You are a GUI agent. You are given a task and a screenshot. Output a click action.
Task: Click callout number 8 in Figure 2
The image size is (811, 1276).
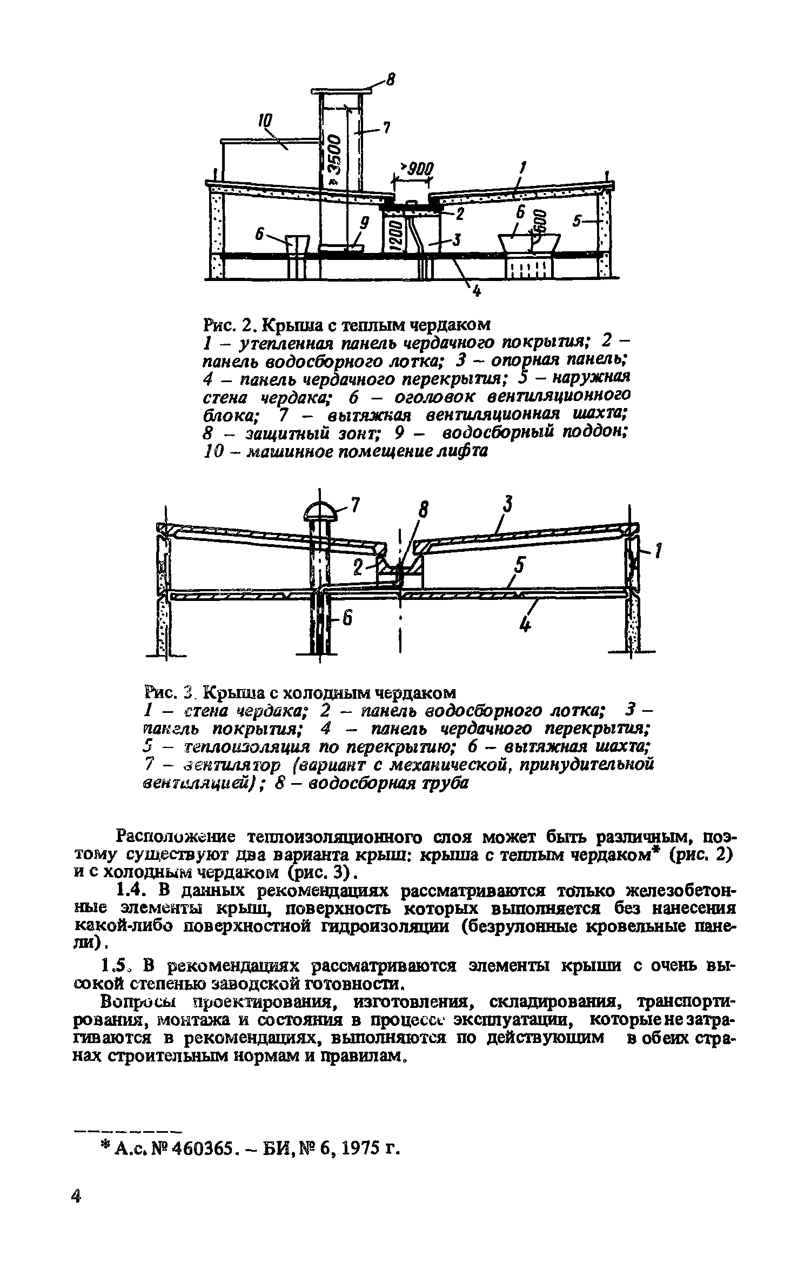(390, 81)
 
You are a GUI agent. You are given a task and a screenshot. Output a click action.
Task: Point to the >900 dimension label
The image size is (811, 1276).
(415, 169)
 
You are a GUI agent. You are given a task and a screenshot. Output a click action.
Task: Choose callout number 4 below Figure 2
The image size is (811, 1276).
(476, 292)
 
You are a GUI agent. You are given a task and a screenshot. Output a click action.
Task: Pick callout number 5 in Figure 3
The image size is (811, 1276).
(519, 566)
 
